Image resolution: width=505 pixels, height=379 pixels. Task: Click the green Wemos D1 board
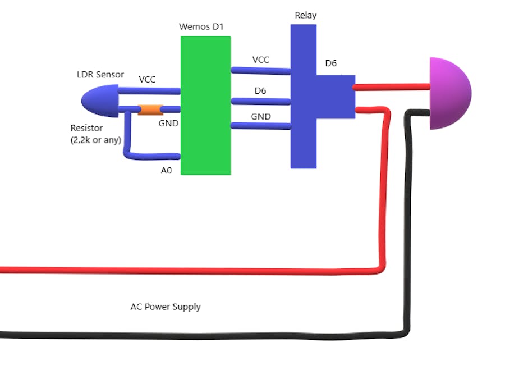pyautogui.click(x=205, y=106)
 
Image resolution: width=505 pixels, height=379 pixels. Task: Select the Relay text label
pyautogui.click(x=306, y=15)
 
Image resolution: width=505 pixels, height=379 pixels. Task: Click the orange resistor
pyautogui.click(x=150, y=109)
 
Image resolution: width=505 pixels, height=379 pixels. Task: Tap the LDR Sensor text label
pyautogui.click(x=100, y=75)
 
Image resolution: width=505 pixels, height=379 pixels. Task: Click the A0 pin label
pyautogui.click(x=166, y=171)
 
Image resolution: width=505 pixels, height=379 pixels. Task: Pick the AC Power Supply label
pyautogui.click(x=166, y=307)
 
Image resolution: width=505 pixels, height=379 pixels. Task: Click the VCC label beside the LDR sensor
pyautogui.click(x=147, y=80)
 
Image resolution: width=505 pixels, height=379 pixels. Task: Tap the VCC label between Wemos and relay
pyautogui.click(x=261, y=60)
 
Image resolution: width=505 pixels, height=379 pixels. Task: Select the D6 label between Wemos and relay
pyautogui.click(x=260, y=90)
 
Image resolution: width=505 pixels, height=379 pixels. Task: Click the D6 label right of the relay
pyautogui.click(x=331, y=63)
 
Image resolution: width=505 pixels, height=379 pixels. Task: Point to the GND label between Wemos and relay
pyautogui.click(x=261, y=117)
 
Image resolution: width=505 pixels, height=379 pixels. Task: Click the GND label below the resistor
pyautogui.click(x=168, y=122)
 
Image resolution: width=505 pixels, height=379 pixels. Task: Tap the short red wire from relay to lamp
pyautogui.click(x=392, y=87)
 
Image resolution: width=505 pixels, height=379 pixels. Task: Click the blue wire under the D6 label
pyautogui.click(x=260, y=102)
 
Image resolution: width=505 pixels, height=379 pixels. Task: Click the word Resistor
pyautogui.click(x=86, y=128)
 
